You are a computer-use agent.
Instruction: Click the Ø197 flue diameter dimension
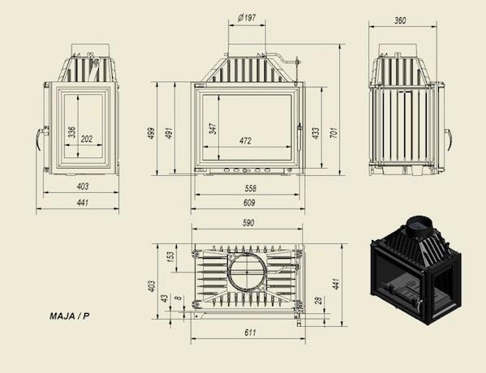pos(247,18)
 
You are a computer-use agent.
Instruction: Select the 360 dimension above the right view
pos(400,20)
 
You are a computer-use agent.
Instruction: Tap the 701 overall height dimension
pos(333,132)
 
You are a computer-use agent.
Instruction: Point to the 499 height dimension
pos(151,133)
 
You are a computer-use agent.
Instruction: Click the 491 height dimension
pos(169,133)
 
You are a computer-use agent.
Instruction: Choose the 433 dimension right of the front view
pos(316,133)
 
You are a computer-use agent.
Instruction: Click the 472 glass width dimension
pos(245,140)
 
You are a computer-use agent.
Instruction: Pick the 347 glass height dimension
pos(213,129)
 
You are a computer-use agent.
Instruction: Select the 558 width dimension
pos(251,188)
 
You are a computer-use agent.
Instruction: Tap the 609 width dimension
pos(249,203)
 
